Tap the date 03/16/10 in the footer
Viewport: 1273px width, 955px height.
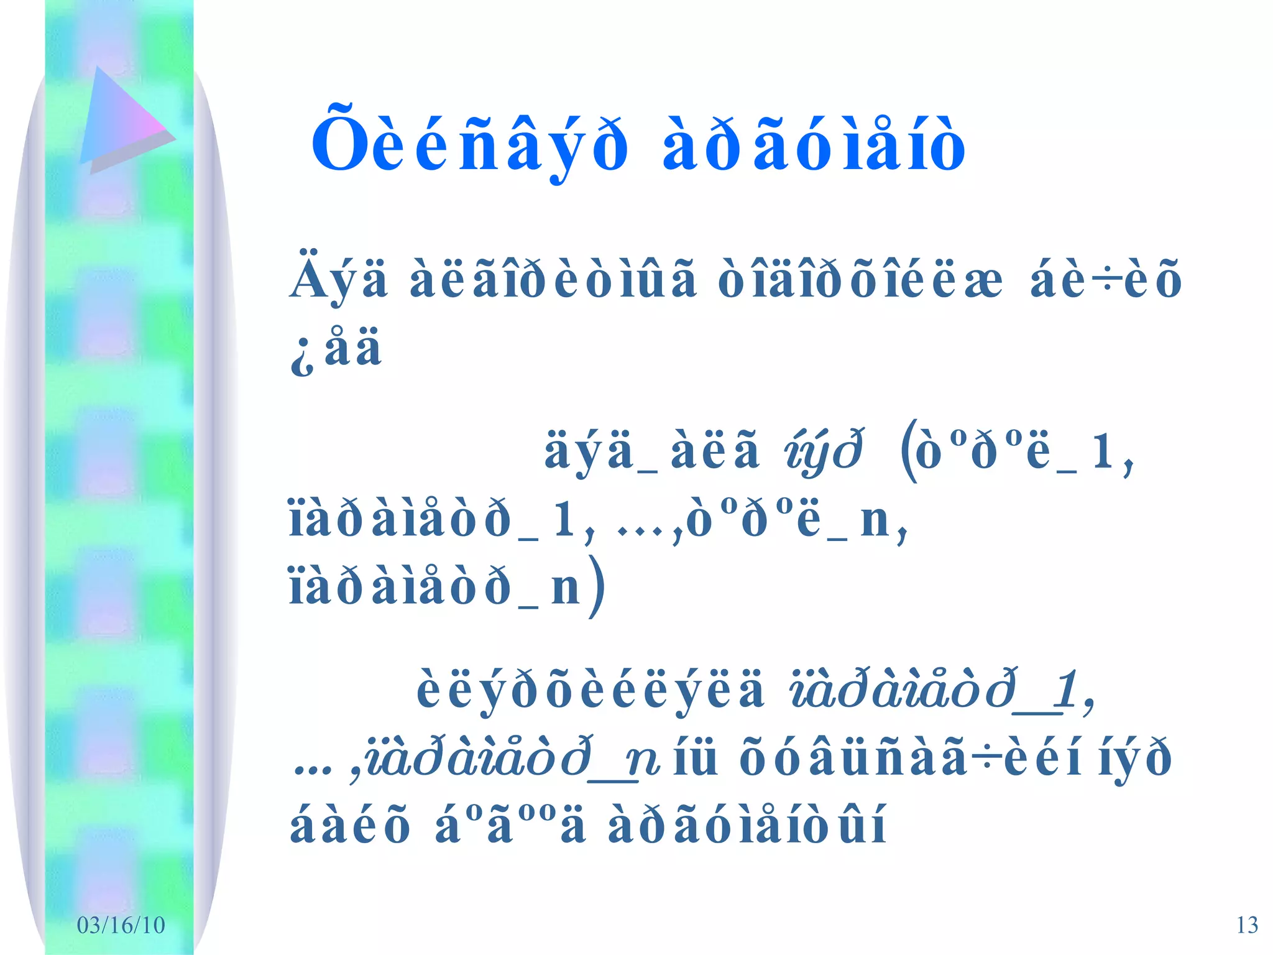pyautogui.click(x=121, y=925)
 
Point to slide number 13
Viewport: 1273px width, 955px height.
pyautogui.click(x=1247, y=925)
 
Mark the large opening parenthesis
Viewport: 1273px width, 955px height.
pyautogui.click(x=909, y=451)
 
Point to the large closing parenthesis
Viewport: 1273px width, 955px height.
pyautogui.click(x=597, y=587)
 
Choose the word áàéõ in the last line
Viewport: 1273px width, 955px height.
pyautogui.click(x=350, y=827)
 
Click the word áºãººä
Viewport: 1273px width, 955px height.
pyautogui.click(x=510, y=827)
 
